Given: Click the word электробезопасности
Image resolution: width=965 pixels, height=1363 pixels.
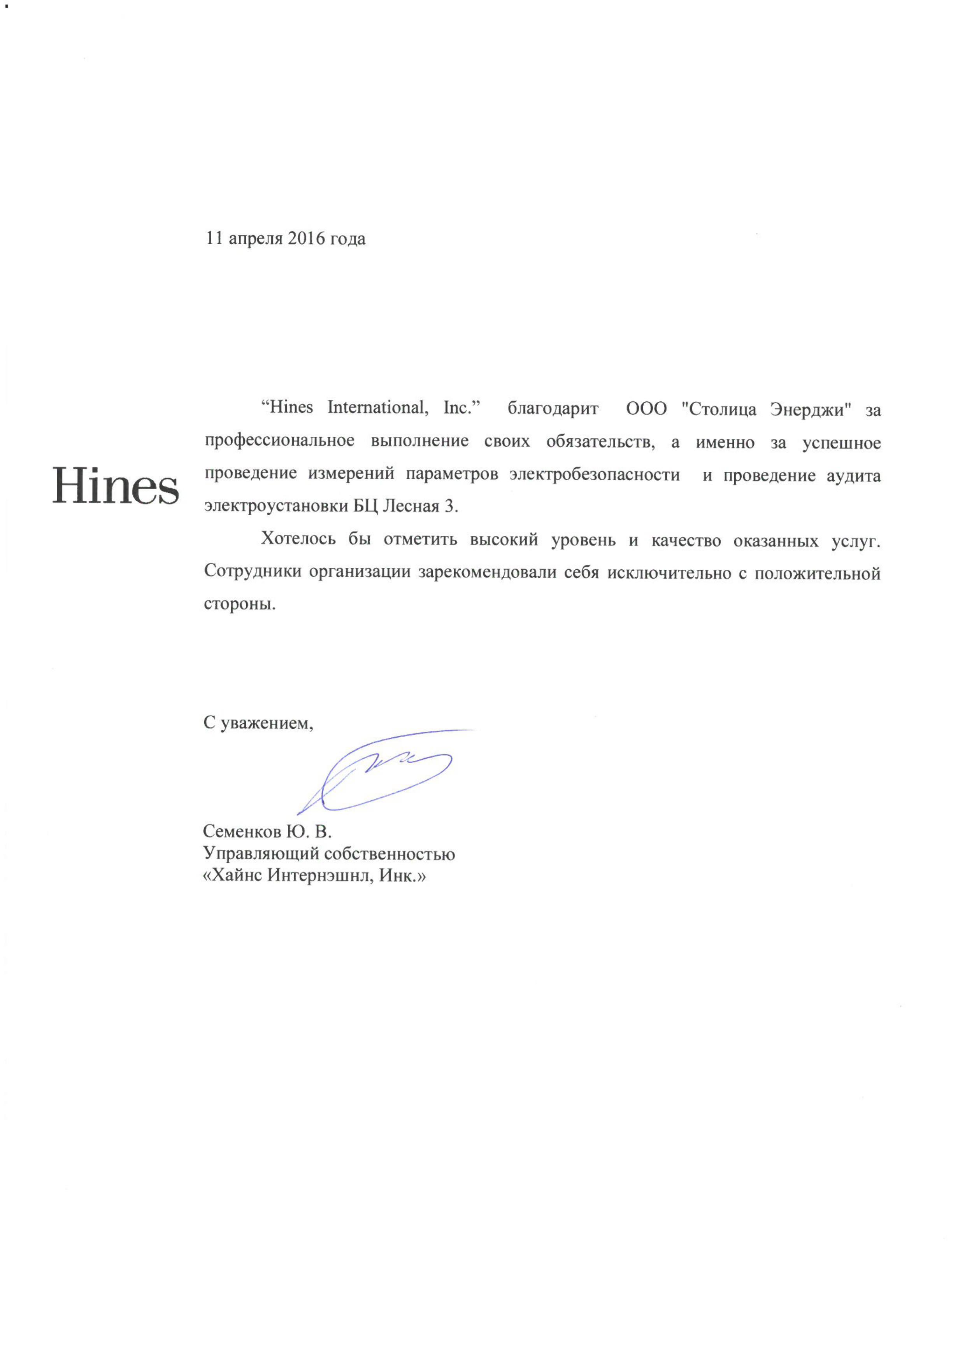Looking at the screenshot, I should tap(594, 475).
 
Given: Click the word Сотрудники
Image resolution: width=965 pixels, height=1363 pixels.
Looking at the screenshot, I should tap(249, 572).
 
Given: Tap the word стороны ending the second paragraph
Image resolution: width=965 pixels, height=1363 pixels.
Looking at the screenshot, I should tap(239, 605).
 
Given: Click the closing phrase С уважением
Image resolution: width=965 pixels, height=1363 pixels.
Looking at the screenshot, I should tap(258, 723).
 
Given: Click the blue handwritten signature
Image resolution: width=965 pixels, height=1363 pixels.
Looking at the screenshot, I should tap(380, 772).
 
